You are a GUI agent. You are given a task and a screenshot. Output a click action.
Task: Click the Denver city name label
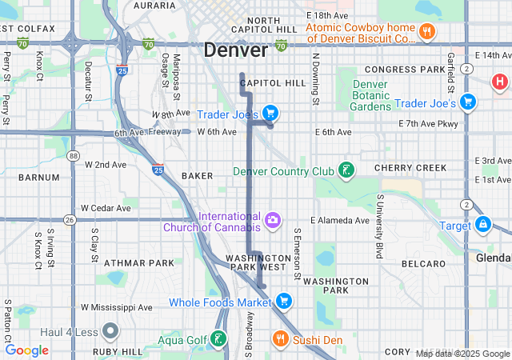pos(236,50)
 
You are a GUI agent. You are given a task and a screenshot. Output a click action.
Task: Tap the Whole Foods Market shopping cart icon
pos(282,302)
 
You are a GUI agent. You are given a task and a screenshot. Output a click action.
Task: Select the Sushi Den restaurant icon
pos(279,339)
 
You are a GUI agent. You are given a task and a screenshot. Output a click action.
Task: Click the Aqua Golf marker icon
pos(216,339)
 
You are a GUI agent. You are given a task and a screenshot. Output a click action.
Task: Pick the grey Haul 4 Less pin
pos(110,330)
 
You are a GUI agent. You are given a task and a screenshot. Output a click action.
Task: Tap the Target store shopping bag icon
pos(482,225)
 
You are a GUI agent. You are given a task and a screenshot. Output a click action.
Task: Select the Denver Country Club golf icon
pos(346,170)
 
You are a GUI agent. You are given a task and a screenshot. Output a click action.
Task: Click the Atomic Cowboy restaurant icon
pos(428,33)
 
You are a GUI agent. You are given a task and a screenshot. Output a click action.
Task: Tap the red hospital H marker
pos(500,82)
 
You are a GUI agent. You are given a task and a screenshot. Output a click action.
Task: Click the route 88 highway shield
pos(73,155)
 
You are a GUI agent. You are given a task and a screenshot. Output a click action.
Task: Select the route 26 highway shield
pos(70,218)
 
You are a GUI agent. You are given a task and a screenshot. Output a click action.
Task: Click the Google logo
pos(26,350)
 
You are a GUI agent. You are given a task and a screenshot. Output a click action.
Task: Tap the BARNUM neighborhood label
pos(38,177)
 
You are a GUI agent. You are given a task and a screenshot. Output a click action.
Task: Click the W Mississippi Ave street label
pos(117,307)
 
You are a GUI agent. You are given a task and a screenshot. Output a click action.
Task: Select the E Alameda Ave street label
pos(341,221)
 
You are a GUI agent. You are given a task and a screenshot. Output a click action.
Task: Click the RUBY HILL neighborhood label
pos(117,350)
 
